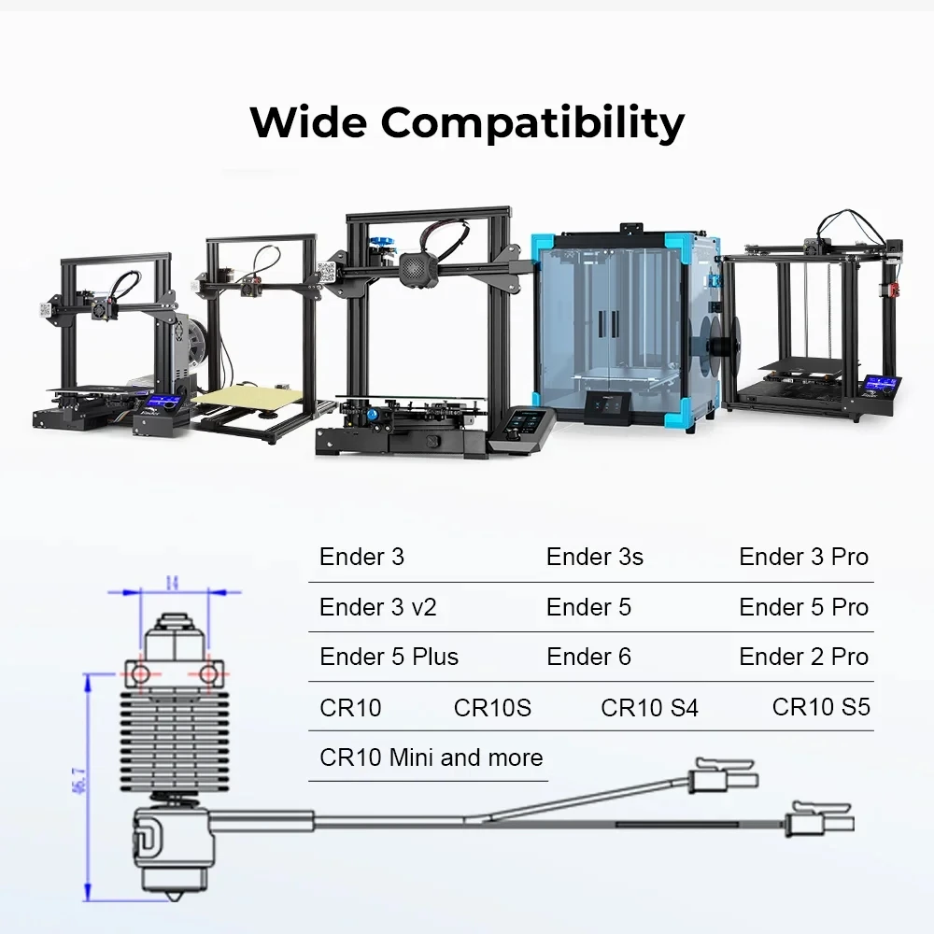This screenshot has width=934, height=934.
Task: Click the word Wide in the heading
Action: [x=308, y=122]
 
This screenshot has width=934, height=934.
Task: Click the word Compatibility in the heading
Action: [x=532, y=124]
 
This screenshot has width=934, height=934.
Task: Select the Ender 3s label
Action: [x=594, y=557]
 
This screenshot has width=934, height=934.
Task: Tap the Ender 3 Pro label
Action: [x=803, y=557]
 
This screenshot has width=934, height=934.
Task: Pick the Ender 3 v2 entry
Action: [x=377, y=607]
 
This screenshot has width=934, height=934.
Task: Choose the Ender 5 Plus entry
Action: [x=389, y=657]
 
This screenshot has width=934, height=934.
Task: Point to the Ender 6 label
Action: [x=588, y=657]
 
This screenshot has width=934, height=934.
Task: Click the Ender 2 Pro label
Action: [x=803, y=657]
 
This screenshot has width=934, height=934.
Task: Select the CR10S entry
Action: [x=492, y=708]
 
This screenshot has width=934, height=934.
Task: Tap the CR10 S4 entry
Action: [x=649, y=708]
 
